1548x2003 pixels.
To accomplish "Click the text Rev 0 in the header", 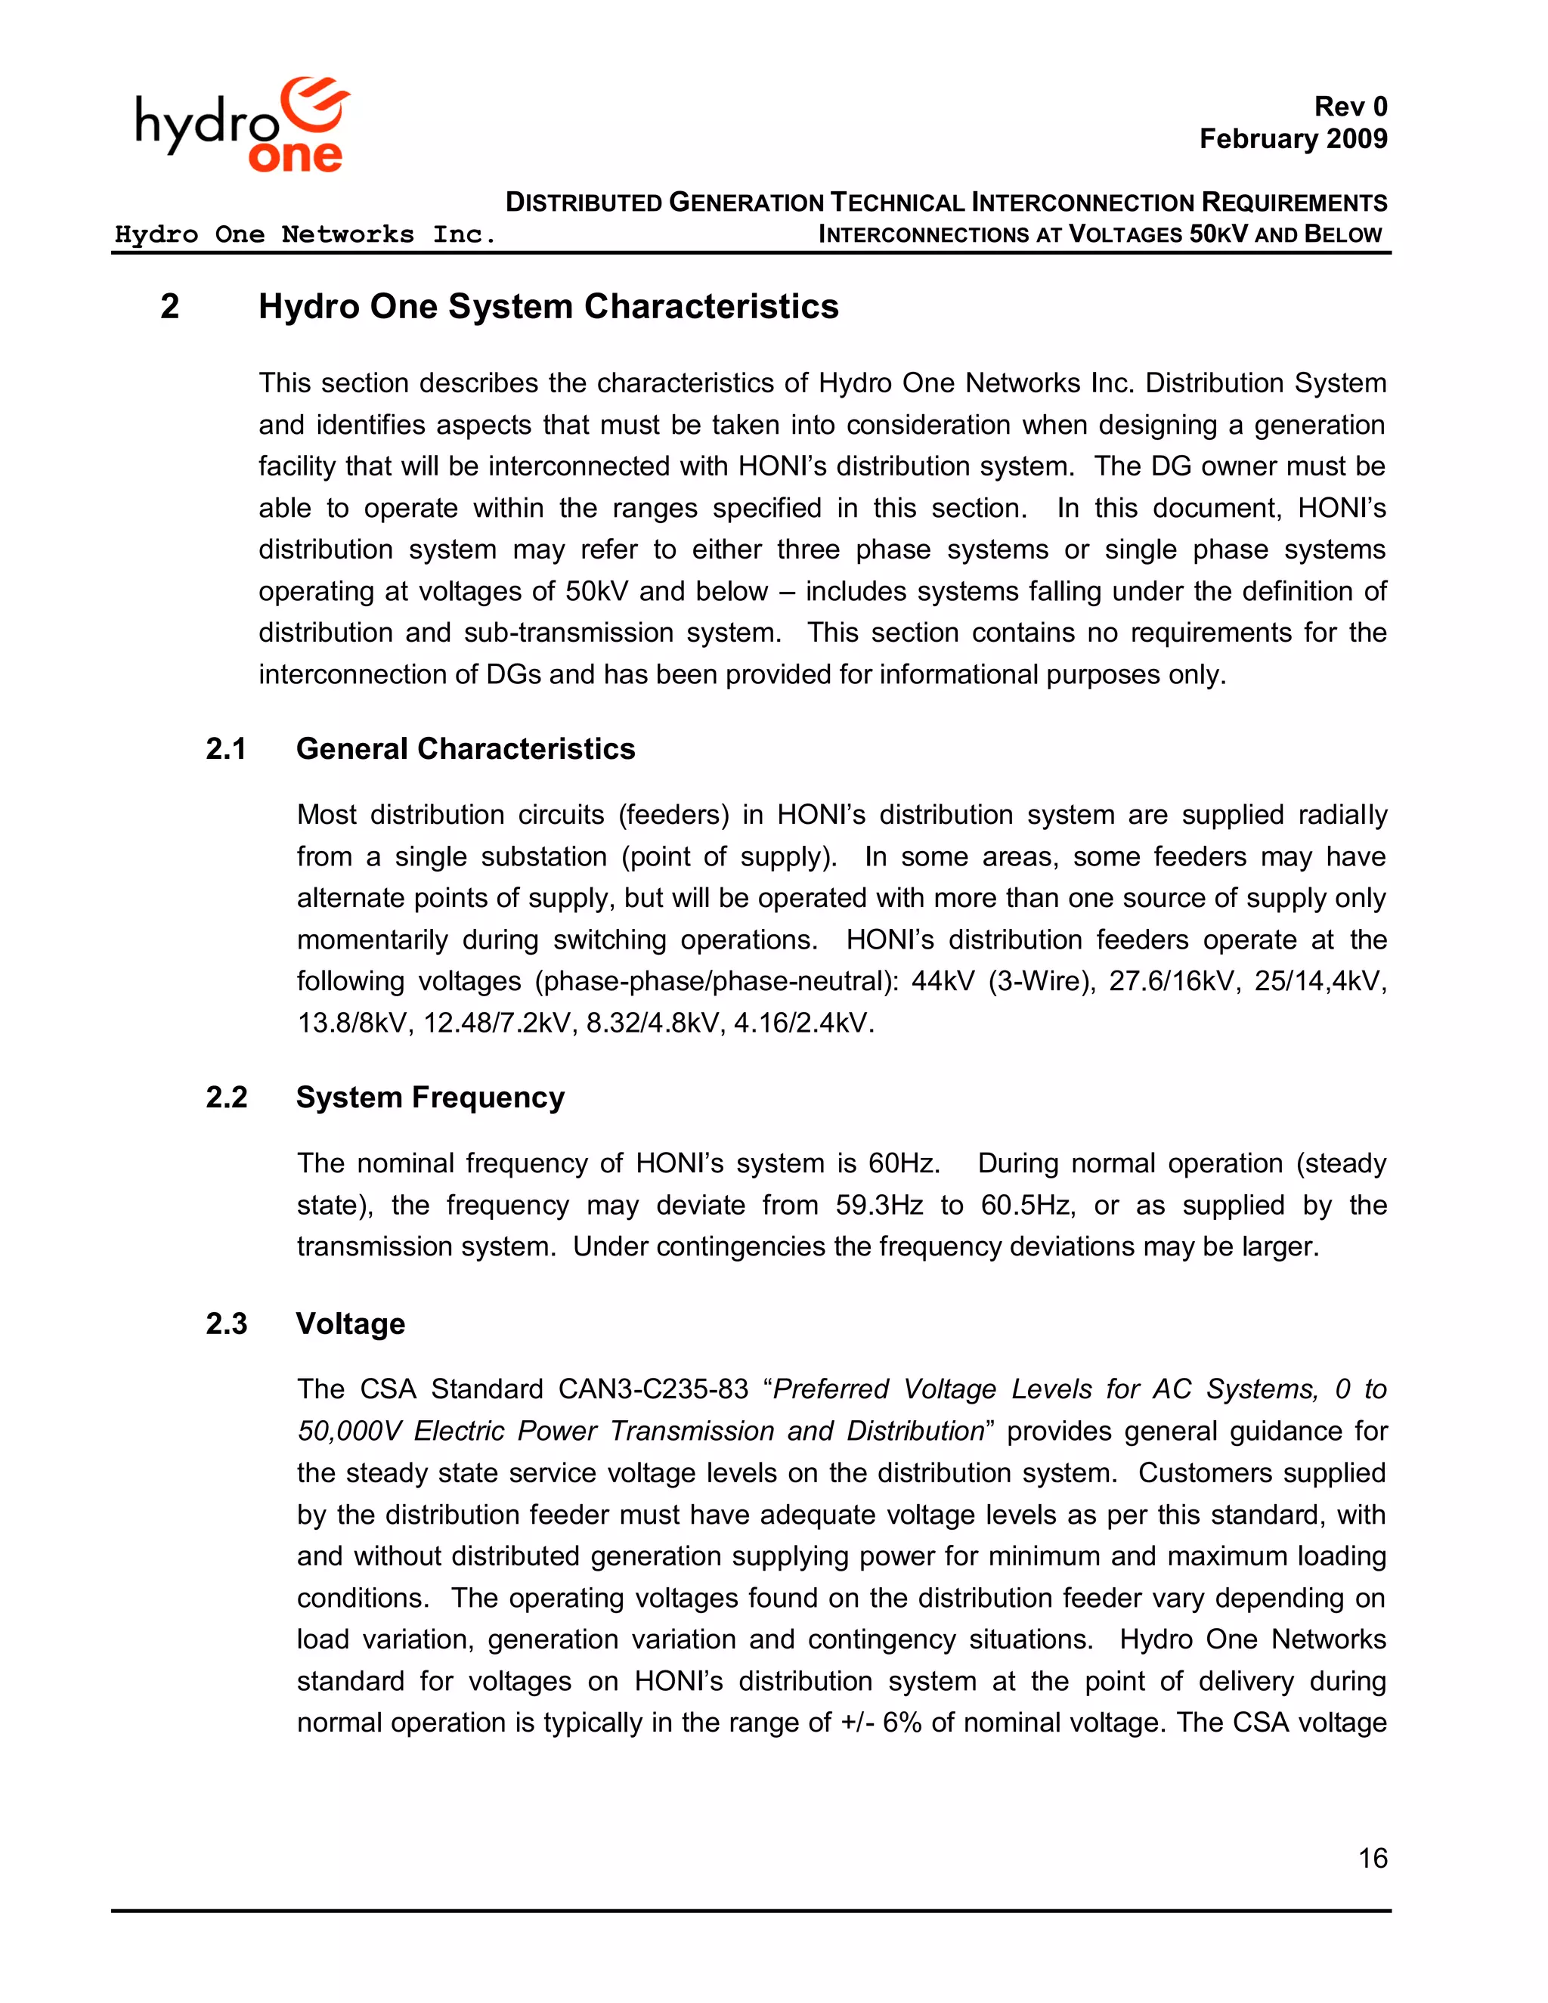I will click(1350, 107).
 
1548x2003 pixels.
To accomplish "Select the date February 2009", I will click(1293, 139).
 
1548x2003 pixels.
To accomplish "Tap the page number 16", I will click(1372, 1858).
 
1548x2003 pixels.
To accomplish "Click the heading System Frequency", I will click(430, 1097).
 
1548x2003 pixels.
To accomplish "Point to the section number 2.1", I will click(225, 749).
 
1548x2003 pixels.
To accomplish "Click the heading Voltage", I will click(350, 1323).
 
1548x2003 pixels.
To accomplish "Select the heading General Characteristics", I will click(465, 749).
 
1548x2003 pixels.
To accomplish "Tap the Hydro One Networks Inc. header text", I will click(305, 235).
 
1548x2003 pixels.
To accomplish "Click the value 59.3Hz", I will click(878, 1205).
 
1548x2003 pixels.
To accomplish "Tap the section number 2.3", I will click(225, 1323).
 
